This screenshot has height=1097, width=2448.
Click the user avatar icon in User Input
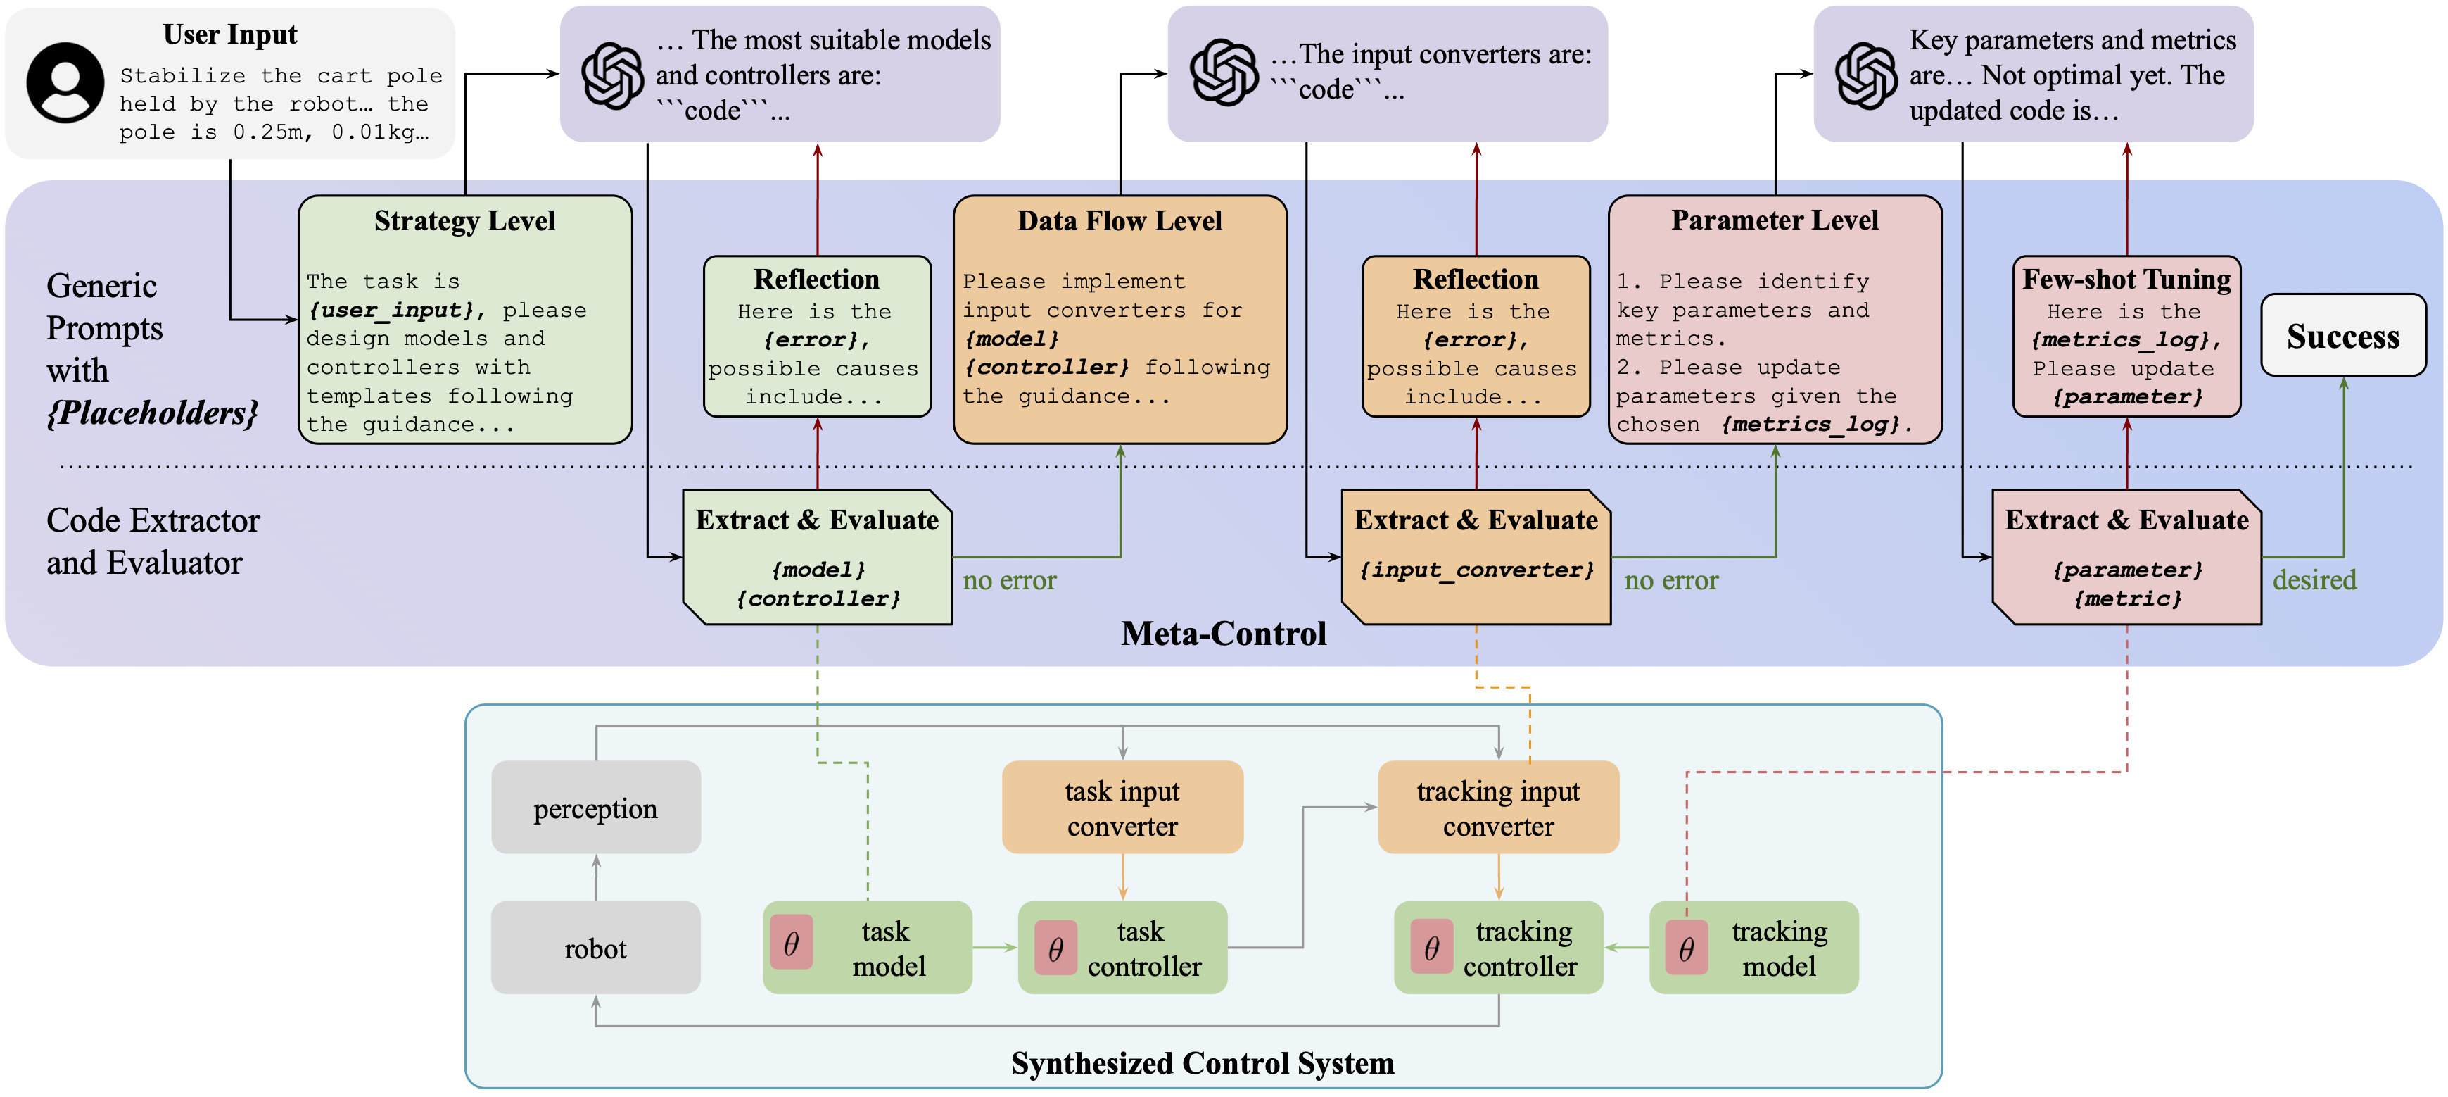[65, 82]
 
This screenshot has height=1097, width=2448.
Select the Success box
[2342, 336]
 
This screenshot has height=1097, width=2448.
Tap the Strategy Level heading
[464, 220]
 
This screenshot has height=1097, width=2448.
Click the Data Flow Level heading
[1120, 220]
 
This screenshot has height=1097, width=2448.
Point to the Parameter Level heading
[1774, 220]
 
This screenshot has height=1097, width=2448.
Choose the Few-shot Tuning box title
[2126, 280]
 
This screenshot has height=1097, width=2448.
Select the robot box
[596, 948]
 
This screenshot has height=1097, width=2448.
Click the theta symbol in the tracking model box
[1686, 948]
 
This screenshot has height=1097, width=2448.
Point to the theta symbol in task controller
[1055, 948]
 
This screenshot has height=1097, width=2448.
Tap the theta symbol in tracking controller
[1431, 948]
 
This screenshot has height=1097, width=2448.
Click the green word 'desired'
[2314, 580]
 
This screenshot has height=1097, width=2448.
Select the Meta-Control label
[1223, 633]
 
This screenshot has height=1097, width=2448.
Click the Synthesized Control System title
[1202, 1062]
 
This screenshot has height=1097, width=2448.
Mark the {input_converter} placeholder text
[1476, 570]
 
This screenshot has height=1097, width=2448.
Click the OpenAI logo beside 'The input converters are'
[1224, 73]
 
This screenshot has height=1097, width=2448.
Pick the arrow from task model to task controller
[994, 948]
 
